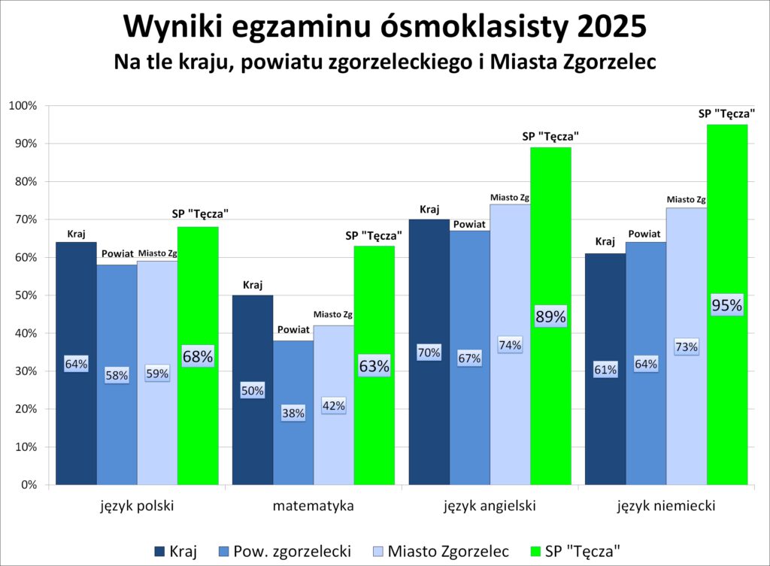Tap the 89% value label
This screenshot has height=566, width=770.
tap(550, 316)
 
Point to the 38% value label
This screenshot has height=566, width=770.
tap(293, 413)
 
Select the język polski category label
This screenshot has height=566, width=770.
tap(137, 506)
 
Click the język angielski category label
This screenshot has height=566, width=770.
tap(490, 506)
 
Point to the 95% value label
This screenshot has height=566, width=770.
tap(726, 305)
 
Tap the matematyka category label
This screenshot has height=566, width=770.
tap(313, 506)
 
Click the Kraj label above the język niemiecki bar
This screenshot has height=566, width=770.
tap(605, 242)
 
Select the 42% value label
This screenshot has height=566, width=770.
tap(333, 405)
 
